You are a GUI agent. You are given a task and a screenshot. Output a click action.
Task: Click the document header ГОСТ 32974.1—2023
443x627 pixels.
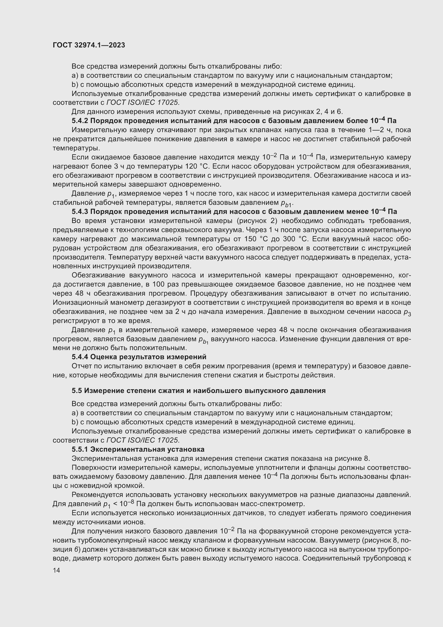pyautogui.click(x=89, y=45)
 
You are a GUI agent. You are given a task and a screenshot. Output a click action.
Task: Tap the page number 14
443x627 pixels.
pyautogui.click(x=57, y=570)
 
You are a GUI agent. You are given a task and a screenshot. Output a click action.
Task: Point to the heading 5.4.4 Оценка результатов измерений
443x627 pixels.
pyautogui.click(x=139, y=357)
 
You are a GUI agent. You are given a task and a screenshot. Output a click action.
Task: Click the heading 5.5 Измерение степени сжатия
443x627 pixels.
pyautogui.click(x=198, y=391)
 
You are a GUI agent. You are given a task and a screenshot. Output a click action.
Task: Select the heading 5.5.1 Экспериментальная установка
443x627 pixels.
pyautogui.click(x=138, y=449)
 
